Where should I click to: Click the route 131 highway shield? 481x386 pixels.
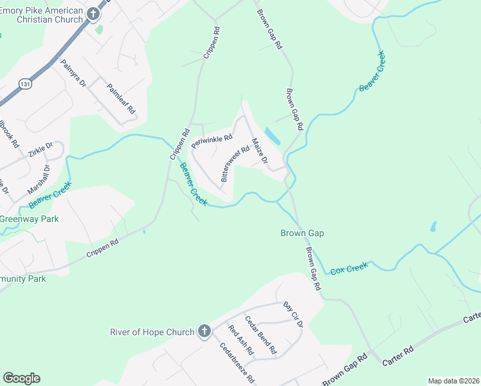click(24, 84)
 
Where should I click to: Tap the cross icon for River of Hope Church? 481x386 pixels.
click(204, 332)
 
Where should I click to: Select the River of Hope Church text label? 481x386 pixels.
click(152, 332)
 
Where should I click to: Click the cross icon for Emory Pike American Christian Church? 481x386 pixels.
click(93, 14)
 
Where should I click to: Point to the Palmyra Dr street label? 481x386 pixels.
click(73, 73)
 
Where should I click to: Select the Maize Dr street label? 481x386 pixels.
click(259, 151)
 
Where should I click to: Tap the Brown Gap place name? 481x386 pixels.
click(302, 234)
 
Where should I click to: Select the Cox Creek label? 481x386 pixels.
click(349, 268)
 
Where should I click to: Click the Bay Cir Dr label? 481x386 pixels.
click(293, 313)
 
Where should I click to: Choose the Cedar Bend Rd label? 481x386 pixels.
click(260, 335)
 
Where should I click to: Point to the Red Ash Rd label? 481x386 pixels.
click(241, 341)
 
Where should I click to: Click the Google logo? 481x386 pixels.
click(21, 378)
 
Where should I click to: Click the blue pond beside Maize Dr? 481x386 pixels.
click(273, 136)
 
